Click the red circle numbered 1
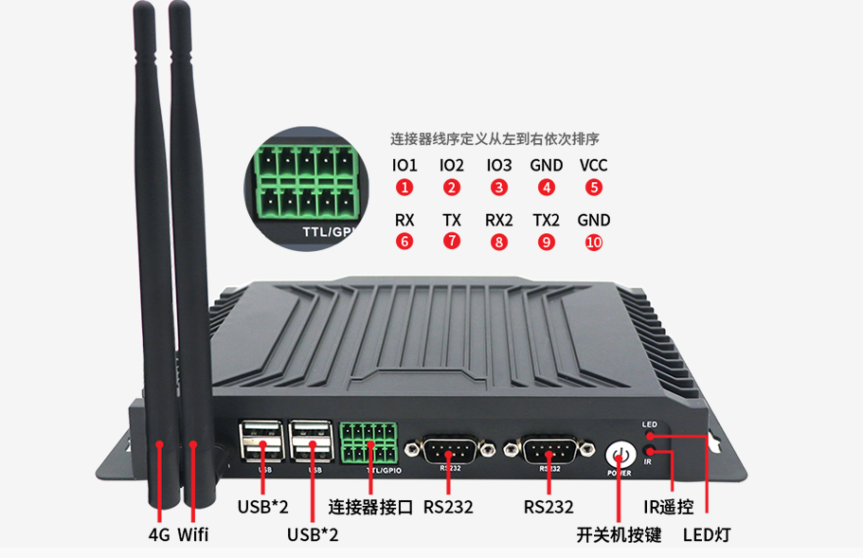click(405, 187)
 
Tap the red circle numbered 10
click(594, 243)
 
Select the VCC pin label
click(593, 165)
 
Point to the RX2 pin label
click(498, 220)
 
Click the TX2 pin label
click(546, 220)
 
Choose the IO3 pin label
click(498, 165)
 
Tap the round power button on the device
click(620, 456)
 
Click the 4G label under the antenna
click(159, 534)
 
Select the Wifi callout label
click(193, 534)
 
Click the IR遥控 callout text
click(668, 507)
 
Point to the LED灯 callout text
click(707, 534)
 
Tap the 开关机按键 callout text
click(619, 534)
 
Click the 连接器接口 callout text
click(370, 507)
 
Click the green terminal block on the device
click(369, 443)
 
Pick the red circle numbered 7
click(452, 241)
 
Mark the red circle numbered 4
click(547, 187)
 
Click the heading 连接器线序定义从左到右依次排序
click(494, 139)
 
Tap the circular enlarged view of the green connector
click(307, 189)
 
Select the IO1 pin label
click(405, 165)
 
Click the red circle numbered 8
click(499, 243)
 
